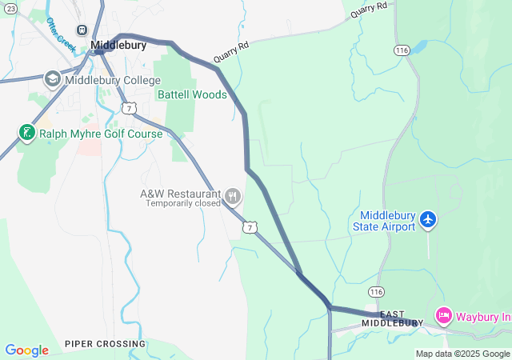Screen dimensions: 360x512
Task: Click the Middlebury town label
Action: coord(118,46)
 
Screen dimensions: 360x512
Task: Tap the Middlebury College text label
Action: coord(113,80)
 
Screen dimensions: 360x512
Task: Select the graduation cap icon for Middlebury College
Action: coord(53,78)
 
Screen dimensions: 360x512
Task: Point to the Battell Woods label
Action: coord(192,94)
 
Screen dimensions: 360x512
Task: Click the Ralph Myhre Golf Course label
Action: coord(101,134)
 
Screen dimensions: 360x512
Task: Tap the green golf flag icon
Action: coord(27,132)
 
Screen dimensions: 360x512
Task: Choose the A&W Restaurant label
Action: coord(180,194)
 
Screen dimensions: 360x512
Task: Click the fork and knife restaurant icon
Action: coord(233,196)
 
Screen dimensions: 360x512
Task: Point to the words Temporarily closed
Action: coord(182,204)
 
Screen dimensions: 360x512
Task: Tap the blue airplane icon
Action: coord(429,218)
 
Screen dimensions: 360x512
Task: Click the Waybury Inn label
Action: coord(483,316)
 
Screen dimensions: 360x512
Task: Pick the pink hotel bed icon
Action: coord(443,315)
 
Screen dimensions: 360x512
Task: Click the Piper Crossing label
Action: coord(106,344)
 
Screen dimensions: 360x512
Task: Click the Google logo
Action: coord(26,350)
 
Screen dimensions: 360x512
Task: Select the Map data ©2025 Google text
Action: coord(462,354)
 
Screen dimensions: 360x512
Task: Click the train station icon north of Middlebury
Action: coord(81,29)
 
